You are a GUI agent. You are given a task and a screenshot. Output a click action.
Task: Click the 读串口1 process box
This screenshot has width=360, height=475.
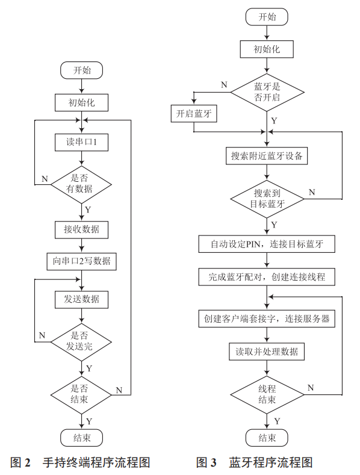coord(81,143)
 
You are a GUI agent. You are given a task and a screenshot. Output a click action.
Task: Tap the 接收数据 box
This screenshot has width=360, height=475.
coord(81,229)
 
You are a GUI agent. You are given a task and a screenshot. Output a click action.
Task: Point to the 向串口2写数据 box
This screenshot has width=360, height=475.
coord(81,261)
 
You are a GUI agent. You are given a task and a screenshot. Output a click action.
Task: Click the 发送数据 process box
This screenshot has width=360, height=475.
coord(81,299)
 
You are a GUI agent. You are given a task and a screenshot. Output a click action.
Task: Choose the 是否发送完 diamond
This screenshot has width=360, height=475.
coord(81,341)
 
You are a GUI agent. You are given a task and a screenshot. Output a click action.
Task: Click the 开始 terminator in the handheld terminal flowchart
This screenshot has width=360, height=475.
coord(81,70)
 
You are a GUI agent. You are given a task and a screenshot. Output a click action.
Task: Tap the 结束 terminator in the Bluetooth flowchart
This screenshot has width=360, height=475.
coord(267,437)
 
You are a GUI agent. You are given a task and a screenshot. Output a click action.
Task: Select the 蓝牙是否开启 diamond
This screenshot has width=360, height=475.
coord(267,91)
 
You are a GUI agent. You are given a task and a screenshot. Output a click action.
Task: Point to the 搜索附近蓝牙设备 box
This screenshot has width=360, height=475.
coord(267,156)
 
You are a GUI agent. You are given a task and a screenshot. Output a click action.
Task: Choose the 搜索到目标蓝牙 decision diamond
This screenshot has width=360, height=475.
coord(267,198)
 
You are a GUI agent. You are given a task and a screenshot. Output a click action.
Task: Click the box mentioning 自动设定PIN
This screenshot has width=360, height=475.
coord(267,244)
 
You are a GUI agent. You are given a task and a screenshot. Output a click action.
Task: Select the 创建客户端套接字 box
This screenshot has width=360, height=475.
coord(267,318)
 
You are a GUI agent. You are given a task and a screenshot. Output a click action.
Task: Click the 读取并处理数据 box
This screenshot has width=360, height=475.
coord(267,351)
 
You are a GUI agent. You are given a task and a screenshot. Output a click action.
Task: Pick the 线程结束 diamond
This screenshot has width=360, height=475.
coord(267,394)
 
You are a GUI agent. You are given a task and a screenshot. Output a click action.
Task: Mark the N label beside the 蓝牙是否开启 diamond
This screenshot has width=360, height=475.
coord(224,85)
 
